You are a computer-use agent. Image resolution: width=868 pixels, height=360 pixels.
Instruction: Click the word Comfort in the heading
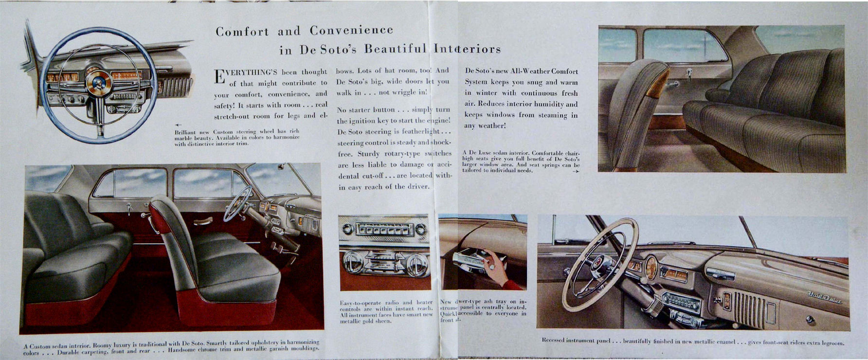point(242,32)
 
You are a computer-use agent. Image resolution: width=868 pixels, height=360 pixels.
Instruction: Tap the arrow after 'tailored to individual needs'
point(576,171)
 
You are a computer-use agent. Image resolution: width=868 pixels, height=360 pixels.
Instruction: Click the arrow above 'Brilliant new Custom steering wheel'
point(178,125)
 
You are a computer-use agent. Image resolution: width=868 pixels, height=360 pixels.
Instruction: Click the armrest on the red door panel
point(203,221)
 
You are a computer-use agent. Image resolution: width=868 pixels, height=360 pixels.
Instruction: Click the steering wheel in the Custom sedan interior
point(238,203)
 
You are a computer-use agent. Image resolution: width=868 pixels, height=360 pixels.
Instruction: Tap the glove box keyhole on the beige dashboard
point(809,320)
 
